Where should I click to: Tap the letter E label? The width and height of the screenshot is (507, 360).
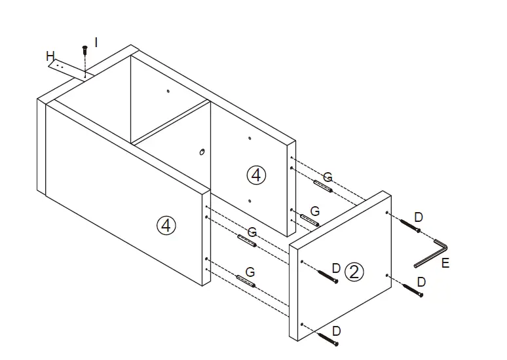(x=445, y=264)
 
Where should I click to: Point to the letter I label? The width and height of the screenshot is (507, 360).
(x=96, y=42)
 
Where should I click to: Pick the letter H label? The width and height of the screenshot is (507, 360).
(x=50, y=57)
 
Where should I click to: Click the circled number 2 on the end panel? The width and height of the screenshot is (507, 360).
(x=354, y=272)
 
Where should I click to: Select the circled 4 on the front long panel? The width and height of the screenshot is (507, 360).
(x=167, y=226)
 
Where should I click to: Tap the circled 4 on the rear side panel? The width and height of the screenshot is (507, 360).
(x=256, y=175)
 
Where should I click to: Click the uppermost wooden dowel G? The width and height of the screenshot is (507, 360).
(x=323, y=187)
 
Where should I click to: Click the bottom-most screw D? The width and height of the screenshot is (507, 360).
(x=329, y=337)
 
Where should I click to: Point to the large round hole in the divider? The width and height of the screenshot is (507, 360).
(x=202, y=152)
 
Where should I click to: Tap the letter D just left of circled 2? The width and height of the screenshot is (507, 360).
(x=335, y=268)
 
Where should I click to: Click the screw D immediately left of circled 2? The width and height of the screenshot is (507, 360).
(x=326, y=276)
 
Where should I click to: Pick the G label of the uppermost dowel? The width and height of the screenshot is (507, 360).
(x=328, y=177)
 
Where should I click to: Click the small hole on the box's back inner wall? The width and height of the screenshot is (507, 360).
(x=168, y=91)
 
